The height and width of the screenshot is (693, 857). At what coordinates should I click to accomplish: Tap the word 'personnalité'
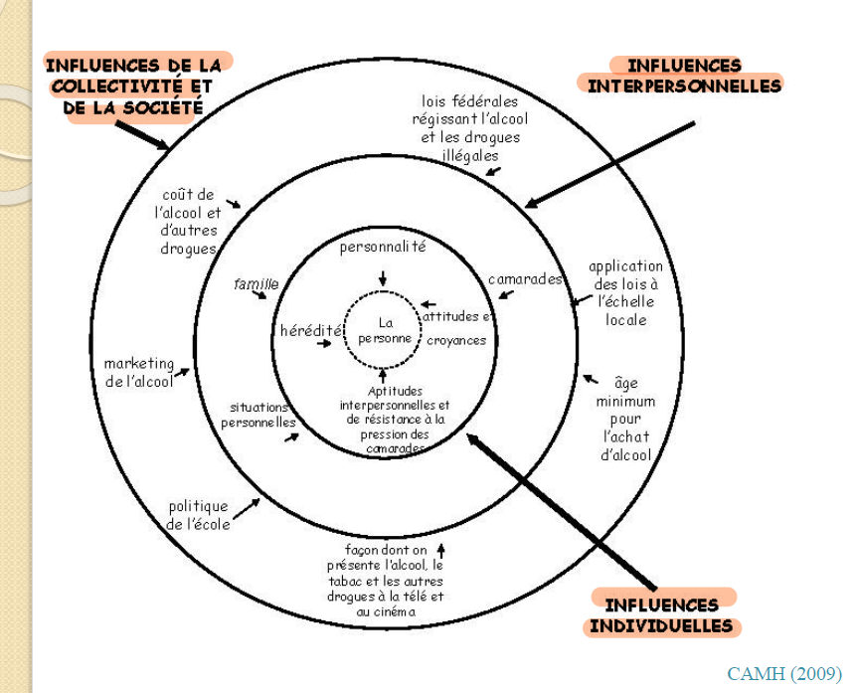tap(383, 247)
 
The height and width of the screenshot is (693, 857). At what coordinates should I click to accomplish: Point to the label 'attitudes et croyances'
tap(456, 328)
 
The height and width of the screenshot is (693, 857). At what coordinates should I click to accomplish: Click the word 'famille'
tap(256, 284)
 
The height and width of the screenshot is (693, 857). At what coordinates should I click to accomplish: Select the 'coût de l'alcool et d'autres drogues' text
tap(188, 222)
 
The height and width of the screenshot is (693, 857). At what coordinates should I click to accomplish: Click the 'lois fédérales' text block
tap(467, 128)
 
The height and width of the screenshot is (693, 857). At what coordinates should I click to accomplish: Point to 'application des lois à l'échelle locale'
tap(625, 292)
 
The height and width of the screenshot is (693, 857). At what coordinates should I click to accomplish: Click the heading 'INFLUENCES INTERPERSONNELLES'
tap(684, 76)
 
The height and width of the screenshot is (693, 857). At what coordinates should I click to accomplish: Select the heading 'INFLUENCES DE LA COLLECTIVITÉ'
tap(130, 87)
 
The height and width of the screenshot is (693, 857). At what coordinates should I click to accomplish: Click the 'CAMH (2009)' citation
tap(783, 674)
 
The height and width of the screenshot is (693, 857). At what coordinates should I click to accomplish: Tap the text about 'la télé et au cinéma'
tap(386, 581)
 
